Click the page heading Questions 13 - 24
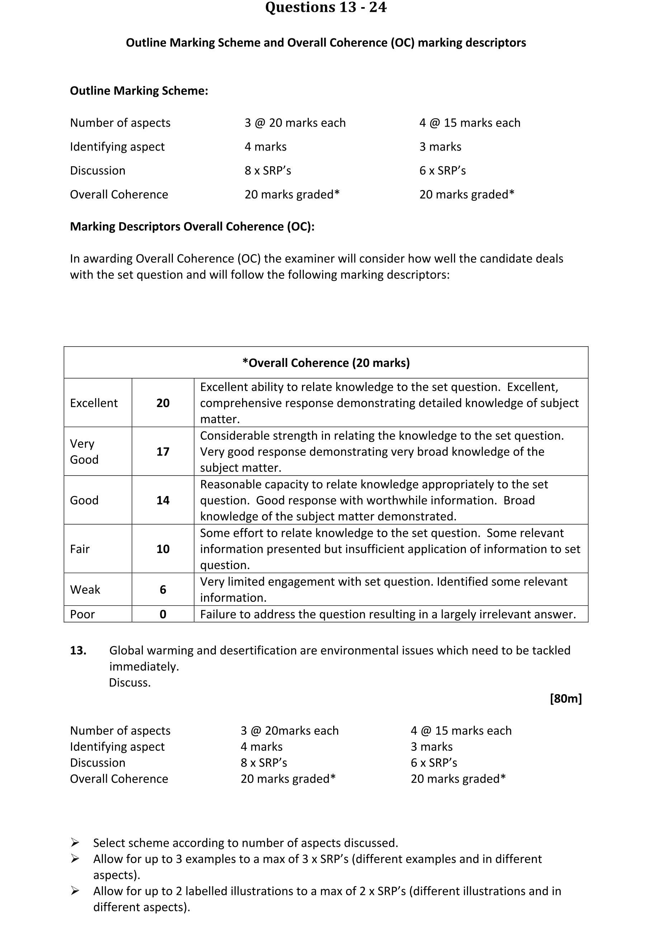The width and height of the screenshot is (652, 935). pos(326,8)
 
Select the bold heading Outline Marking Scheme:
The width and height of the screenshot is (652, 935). pos(139,91)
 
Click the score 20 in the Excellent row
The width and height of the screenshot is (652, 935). pos(162,403)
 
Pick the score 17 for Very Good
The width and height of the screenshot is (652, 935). pos(162,452)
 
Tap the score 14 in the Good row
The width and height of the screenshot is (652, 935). pos(162,501)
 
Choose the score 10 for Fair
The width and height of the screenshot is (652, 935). pos(162,549)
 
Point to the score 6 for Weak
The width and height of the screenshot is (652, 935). pos(162,590)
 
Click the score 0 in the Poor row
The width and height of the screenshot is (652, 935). pos(162,614)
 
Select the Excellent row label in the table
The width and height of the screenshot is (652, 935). pos(94,403)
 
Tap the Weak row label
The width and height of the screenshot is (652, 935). pos(85,590)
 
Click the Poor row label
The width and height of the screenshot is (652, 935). pos(82,614)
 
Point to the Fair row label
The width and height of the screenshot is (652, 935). pos(80,549)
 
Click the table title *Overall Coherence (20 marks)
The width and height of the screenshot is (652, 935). pos(326,363)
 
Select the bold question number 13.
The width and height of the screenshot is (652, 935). pos(78,651)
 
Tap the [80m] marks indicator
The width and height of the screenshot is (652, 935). pos(566,699)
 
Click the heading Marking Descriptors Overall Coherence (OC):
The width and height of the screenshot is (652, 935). pos(192,227)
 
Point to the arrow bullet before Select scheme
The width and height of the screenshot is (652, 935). pos(75,842)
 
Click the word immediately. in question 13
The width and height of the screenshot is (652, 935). pos(144,667)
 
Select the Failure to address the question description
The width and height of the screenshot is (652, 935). pos(388,614)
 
